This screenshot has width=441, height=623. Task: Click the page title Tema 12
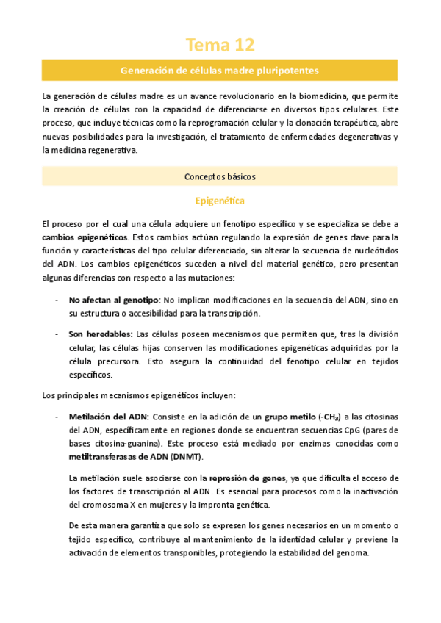tap(220, 46)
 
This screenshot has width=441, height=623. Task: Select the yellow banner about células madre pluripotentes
tap(220, 71)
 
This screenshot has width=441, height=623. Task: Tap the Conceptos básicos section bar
tap(220, 176)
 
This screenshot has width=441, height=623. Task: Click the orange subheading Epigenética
tap(220, 200)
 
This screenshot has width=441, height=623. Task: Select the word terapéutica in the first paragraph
tap(354, 123)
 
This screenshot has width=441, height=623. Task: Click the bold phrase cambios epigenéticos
tap(84, 237)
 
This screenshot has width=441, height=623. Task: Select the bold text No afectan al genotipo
tap(114, 300)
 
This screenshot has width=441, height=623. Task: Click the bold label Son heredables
tap(100, 334)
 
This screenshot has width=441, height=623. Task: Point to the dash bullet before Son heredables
tap(58, 334)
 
